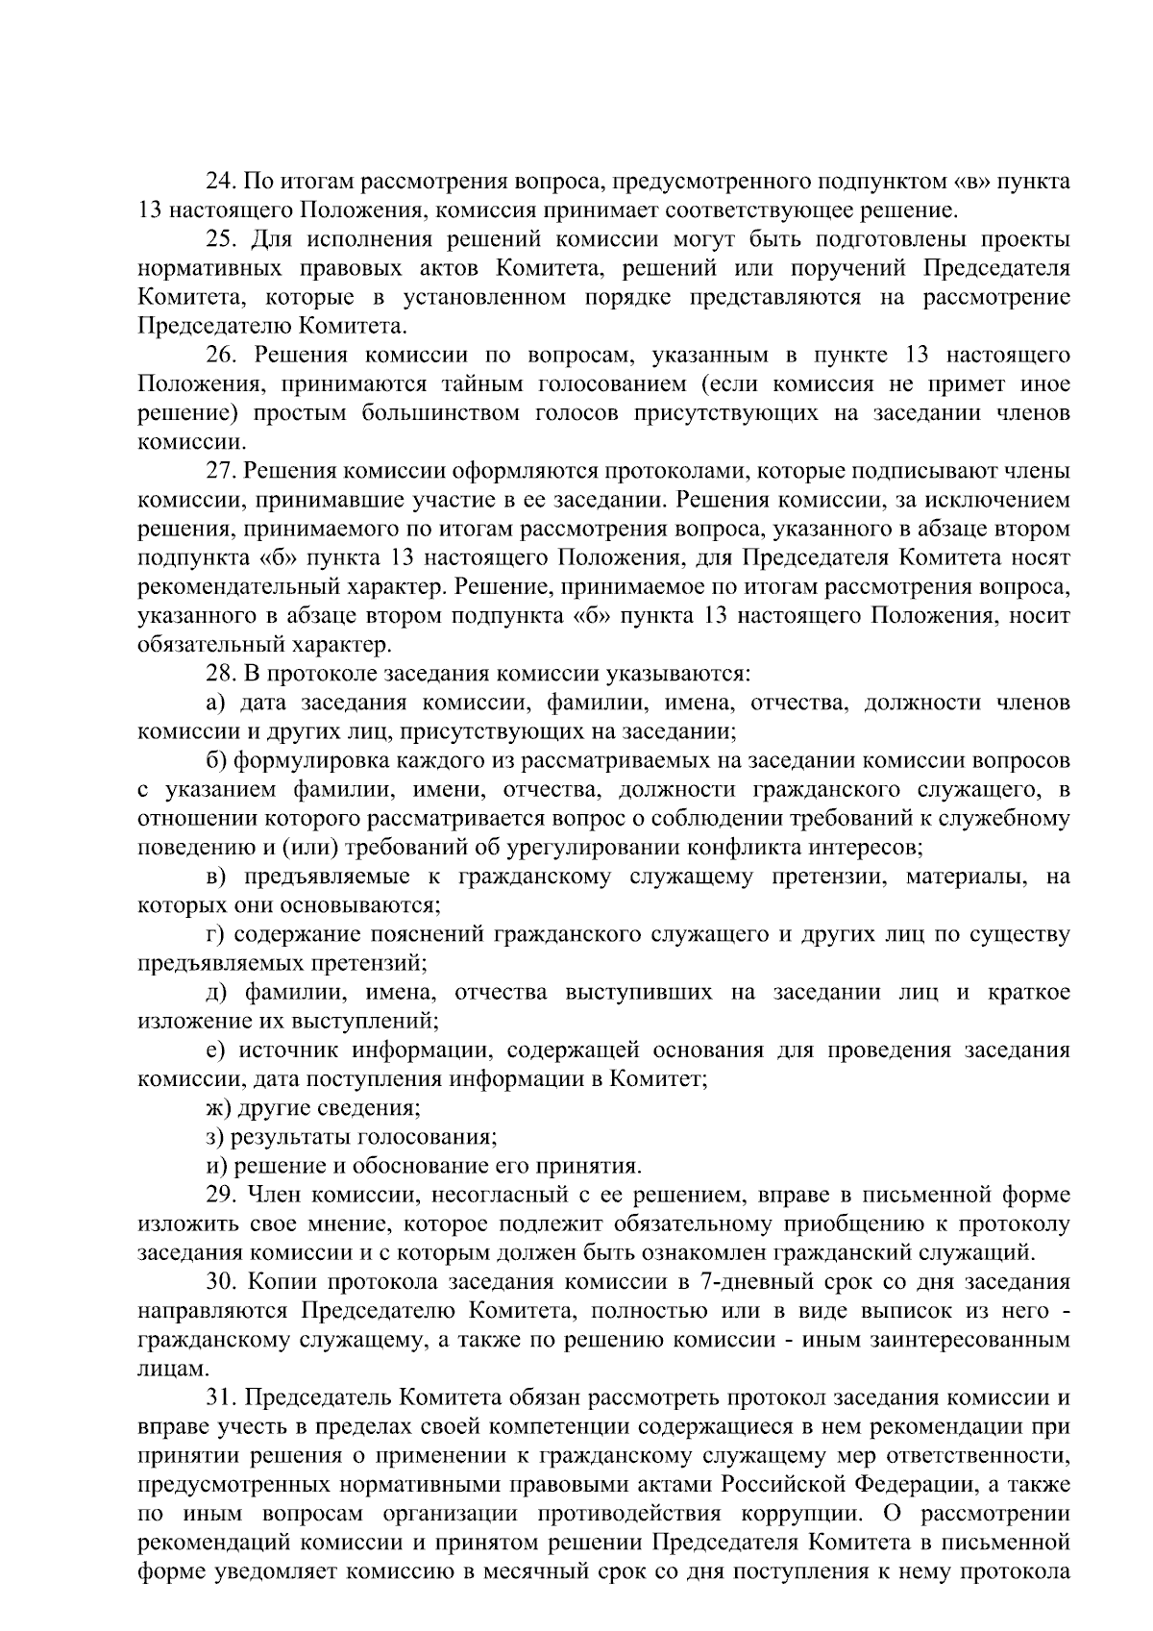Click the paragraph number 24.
pyautogui.click(x=220, y=181)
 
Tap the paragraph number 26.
pyautogui.click(x=220, y=356)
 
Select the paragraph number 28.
pyautogui.click(x=220, y=674)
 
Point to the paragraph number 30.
pyautogui.click(x=220, y=1281)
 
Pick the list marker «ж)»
pyautogui.click(x=220, y=1108)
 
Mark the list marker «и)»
pyautogui.click(x=218, y=1166)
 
